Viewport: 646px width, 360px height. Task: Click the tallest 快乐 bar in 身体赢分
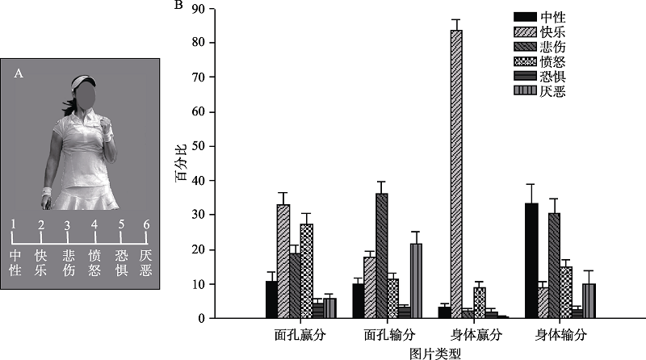[x=456, y=174]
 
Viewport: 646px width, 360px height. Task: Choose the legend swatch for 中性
[x=525, y=16]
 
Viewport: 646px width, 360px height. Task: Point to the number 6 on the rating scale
[x=146, y=224]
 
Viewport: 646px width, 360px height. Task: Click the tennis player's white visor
[x=83, y=82]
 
